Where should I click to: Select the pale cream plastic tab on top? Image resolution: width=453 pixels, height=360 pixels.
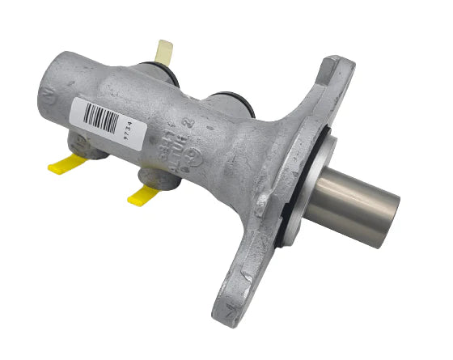[x=165, y=52]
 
